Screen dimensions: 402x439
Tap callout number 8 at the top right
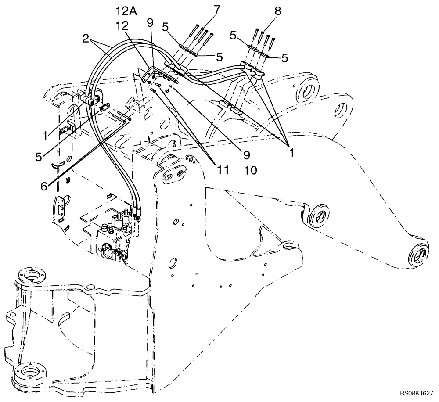click(277, 11)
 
